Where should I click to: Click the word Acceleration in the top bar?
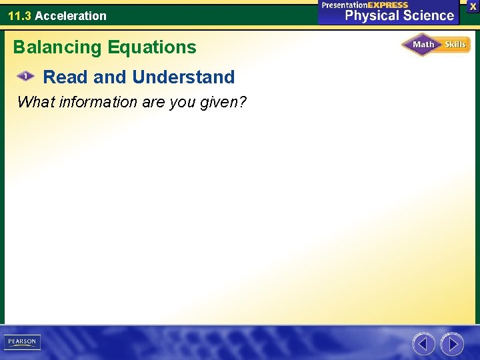coord(71,15)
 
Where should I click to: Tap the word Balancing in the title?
coord(55,47)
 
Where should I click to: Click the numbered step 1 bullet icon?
coord(25,77)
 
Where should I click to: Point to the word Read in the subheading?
coord(65,77)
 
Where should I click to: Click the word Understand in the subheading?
coord(183,77)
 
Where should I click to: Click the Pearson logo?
coord(23,342)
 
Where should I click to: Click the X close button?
coord(473,6)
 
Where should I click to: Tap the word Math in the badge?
coord(423,45)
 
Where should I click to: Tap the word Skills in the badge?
coord(455,45)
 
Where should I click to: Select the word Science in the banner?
coord(425,16)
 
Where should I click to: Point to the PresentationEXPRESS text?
coord(365,5)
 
